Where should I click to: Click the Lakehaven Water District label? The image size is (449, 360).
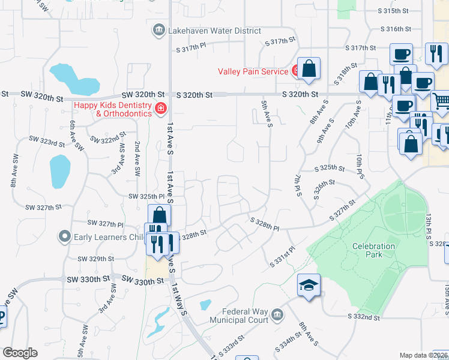pos(215,31)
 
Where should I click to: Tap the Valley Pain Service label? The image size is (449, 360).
pos(253,71)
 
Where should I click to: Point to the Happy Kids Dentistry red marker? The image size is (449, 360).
pos(161,109)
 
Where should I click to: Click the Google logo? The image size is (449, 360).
pos(20,353)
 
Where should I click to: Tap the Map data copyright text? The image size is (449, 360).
pos(424,355)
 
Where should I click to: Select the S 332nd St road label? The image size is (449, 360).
pos(363,316)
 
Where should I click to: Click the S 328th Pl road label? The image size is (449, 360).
pos(265,228)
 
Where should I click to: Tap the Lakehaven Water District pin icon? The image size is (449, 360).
pos(159,31)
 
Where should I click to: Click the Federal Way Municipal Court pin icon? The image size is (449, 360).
pos(277,315)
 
